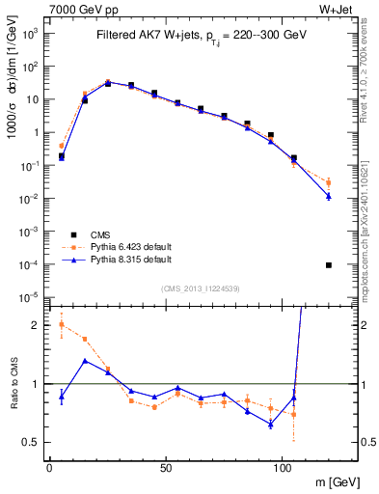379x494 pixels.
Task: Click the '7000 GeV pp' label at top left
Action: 77,9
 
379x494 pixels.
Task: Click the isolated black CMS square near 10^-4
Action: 329,265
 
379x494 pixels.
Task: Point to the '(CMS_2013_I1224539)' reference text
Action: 201,289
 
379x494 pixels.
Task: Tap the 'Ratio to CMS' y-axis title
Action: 13,383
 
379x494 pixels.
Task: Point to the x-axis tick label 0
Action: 49,467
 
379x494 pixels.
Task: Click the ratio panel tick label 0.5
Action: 34,442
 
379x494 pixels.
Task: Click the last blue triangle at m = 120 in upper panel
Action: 329,196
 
